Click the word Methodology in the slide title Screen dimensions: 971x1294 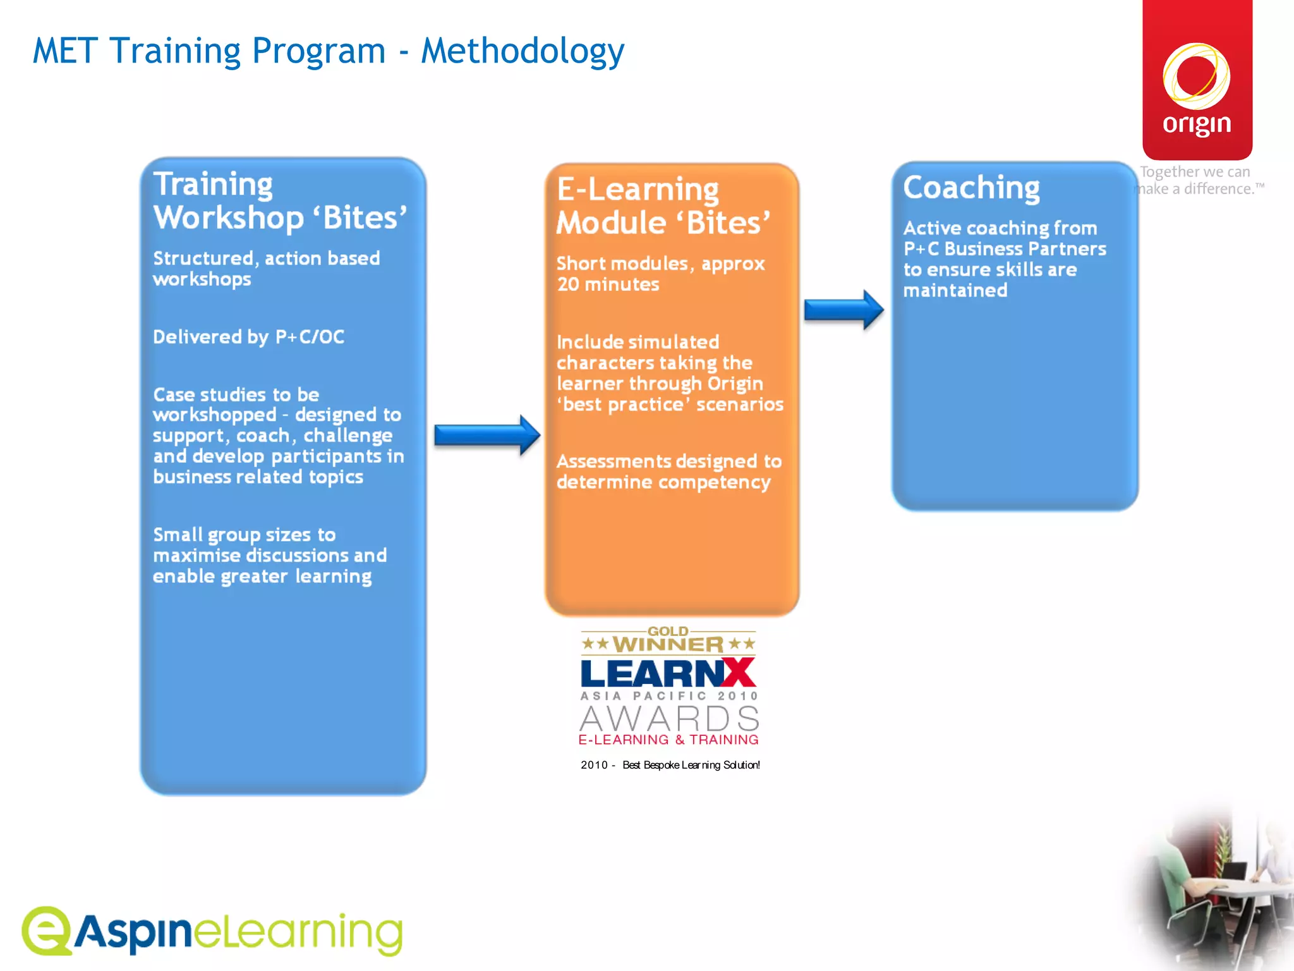coord(523,52)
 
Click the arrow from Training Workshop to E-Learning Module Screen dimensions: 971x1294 coord(487,435)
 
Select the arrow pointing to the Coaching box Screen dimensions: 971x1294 coord(844,310)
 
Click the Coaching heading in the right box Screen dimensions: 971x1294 coord(971,187)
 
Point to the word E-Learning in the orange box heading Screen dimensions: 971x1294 coord(638,190)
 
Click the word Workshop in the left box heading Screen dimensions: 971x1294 coord(229,218)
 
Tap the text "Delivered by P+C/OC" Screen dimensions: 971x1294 coord(248,337)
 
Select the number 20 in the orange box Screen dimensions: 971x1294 coord(567,284)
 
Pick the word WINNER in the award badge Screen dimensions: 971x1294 coord(668,645)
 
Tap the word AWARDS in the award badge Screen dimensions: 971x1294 coord(669,718)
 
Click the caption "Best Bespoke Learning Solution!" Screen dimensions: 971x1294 coord(691,765)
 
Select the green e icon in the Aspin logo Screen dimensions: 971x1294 coord(46,930)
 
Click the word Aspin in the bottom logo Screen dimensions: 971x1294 coord(133,933)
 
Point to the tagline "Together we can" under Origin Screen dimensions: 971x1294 coord(1195,172)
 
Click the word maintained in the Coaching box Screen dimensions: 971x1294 coord(955,291)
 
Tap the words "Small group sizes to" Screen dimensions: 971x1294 coord(244,535)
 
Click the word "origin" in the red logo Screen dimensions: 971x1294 coord(1197,124)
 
